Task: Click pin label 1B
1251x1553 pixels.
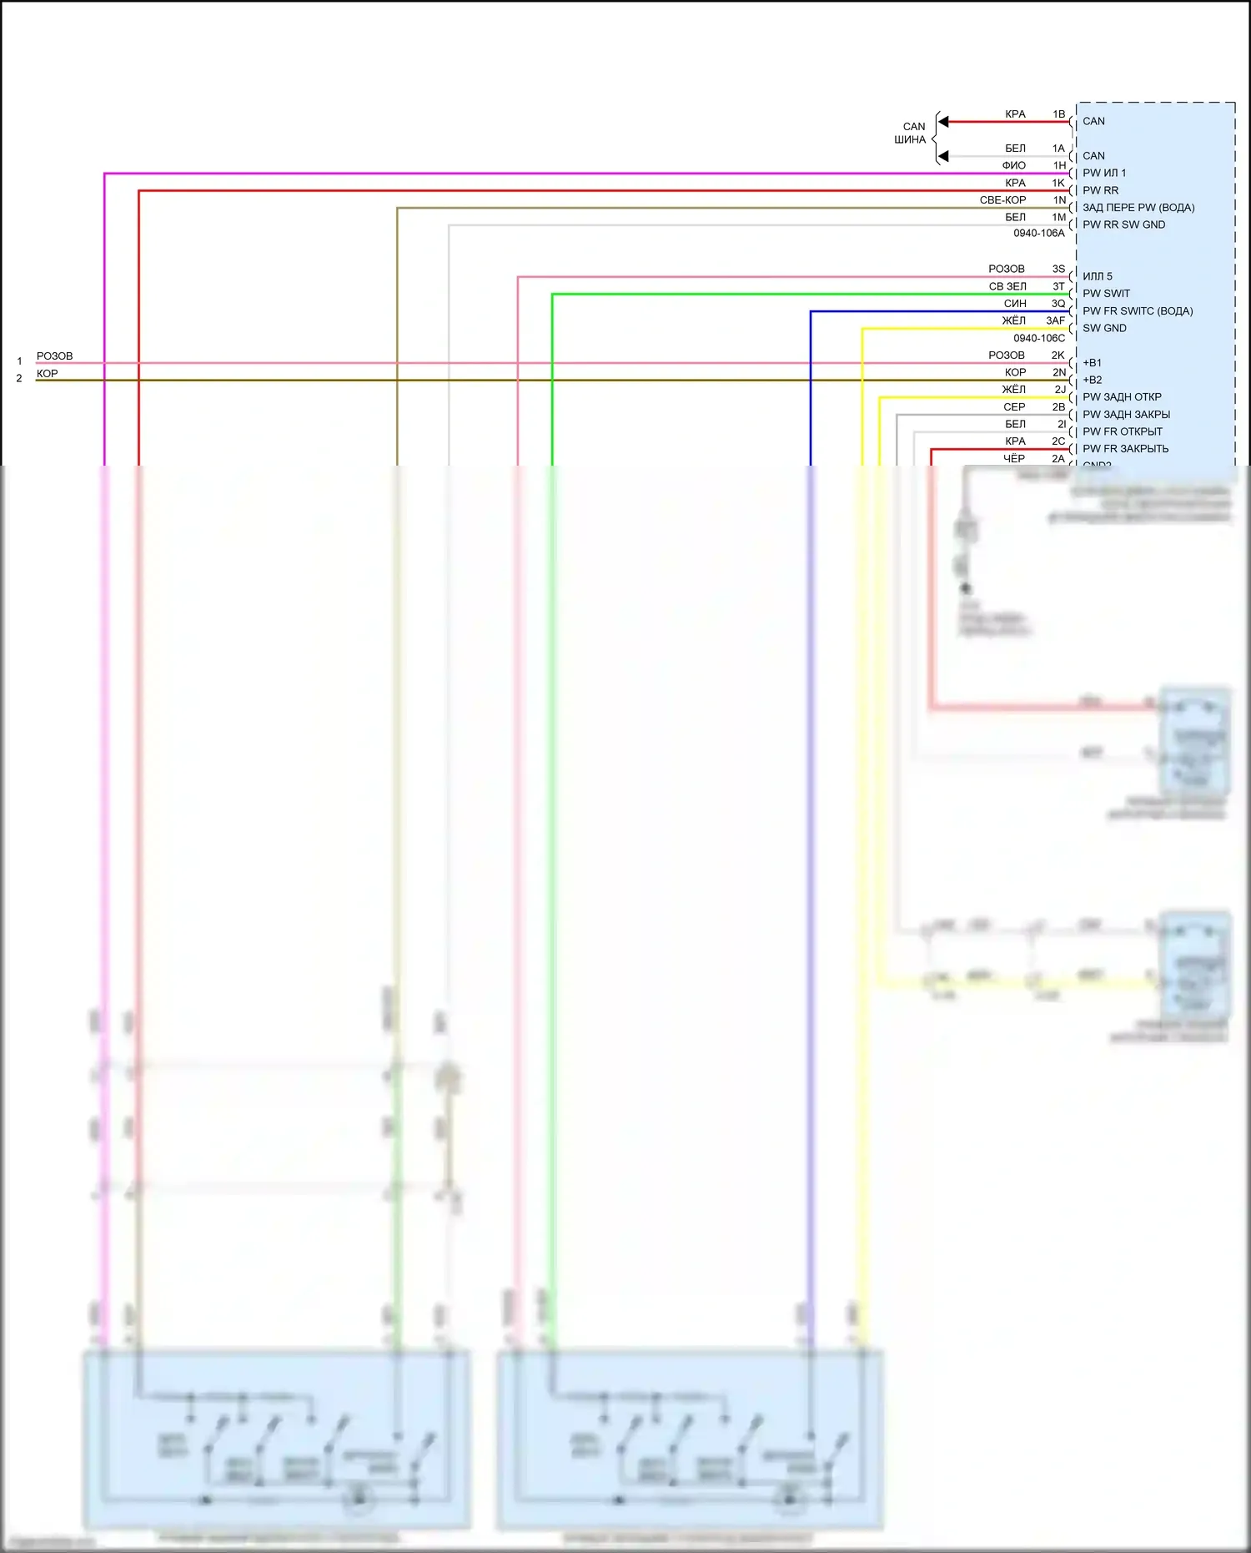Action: pos(1058,114)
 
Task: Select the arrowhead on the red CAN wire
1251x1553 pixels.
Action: pos(943,122)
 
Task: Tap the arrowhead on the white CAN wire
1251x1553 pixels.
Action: pos(943,156)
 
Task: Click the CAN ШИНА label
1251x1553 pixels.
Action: pos(912,133)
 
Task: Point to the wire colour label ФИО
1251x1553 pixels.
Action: pos(1014,165)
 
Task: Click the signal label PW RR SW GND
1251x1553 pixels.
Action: pos(1123,224)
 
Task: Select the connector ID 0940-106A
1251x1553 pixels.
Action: pos(1038,233)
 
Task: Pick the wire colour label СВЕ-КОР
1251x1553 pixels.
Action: pos(1002,200)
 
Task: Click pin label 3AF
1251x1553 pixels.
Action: pos(1055,320)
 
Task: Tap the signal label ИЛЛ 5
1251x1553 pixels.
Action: pos(1097,276)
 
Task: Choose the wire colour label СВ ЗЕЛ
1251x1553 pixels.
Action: pos(1007,286)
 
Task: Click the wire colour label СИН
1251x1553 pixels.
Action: pos(1015,304)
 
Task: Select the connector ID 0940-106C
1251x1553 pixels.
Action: pos(1038,338)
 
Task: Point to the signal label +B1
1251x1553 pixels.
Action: pos(1092,363)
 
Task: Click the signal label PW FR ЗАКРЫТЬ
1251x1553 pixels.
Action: pos(1125,449)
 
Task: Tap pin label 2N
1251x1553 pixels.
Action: pos(1058,372)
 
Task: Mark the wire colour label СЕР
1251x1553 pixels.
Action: pos(1014,407)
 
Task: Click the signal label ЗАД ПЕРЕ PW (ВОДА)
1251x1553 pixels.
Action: pos(1138,208)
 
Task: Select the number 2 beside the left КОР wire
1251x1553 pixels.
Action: pos(19,379)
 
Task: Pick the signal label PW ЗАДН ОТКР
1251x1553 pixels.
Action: pos(1122,397)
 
